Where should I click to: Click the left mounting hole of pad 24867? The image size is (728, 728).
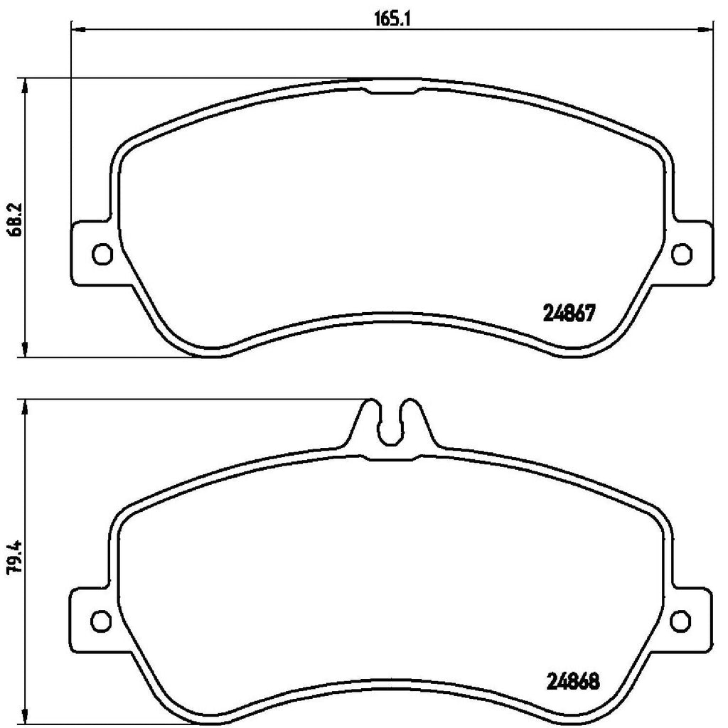102,252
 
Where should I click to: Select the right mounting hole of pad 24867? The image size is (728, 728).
680,252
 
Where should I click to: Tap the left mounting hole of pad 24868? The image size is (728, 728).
102,619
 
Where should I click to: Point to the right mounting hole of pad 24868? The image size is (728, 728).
680,619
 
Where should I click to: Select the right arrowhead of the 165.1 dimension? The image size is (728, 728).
706,29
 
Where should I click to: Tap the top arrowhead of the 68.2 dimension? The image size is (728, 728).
26,85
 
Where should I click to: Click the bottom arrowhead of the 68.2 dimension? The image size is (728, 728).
26,349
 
